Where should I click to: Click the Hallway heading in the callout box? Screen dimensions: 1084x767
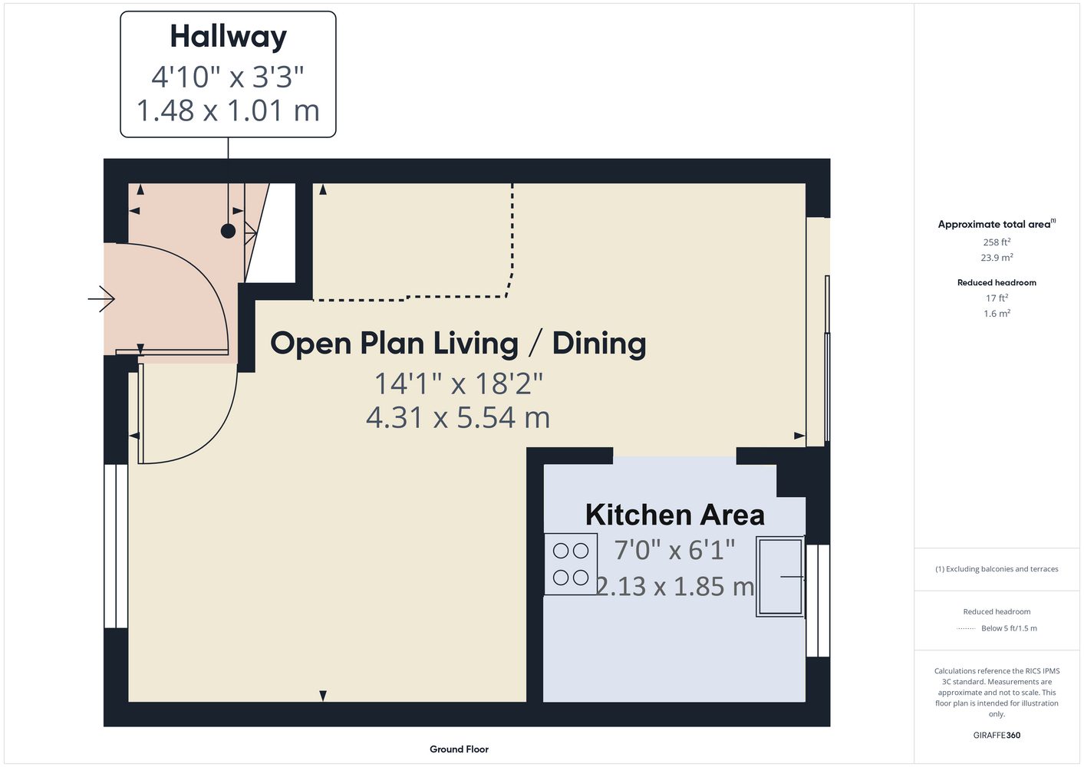pyautogui.click(x=229, y=38)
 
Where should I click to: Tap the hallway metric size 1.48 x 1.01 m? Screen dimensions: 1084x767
pyautogui.click(x=228, y=110)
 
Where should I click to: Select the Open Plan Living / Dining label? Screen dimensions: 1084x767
pyautogui.click(x=458, y=344)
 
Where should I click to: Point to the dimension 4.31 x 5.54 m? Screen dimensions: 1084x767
pyautogui.click(x=458, y=417)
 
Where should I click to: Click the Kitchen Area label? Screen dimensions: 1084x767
pyautogui.click(x=675, y=515)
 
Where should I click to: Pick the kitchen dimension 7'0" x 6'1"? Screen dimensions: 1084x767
pyautogui.click(x=674, y=550)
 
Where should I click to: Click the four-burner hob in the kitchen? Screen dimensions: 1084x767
pyautogui.click(x=571, y=564)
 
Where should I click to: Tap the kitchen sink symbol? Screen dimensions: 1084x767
pyautogui.click(x=780, y=577)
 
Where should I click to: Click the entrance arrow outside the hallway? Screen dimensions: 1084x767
pyautogui.click(x=101, y=299)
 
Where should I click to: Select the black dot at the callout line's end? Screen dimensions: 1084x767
pyautogui.click(x=228, y=232)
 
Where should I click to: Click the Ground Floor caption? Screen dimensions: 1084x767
pyautogui.click(x=459, y=749)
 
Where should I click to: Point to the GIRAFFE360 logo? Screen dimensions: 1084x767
pyautogui.click(x=997, y=735)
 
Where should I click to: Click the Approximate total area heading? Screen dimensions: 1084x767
pyautogui.click(x=997, y=224)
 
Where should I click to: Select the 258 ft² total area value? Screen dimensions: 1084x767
pyautogui.click(x=997, y=242)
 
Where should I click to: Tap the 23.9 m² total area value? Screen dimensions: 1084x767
pyautogui.click(x=997, y=258)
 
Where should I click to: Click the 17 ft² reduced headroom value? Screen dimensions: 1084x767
pyautogui.click(x=997, y=298)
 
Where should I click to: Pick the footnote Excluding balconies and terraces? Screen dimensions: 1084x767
pyautogui.click(x=997, y=569)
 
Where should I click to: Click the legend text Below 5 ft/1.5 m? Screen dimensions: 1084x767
pyautogui.click(x=1009, y=628)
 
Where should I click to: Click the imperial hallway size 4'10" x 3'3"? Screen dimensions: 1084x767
pyautogui.click(x=228, y=77)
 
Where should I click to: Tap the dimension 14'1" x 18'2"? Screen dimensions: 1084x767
pyautogui.click(x=458, y=383)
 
